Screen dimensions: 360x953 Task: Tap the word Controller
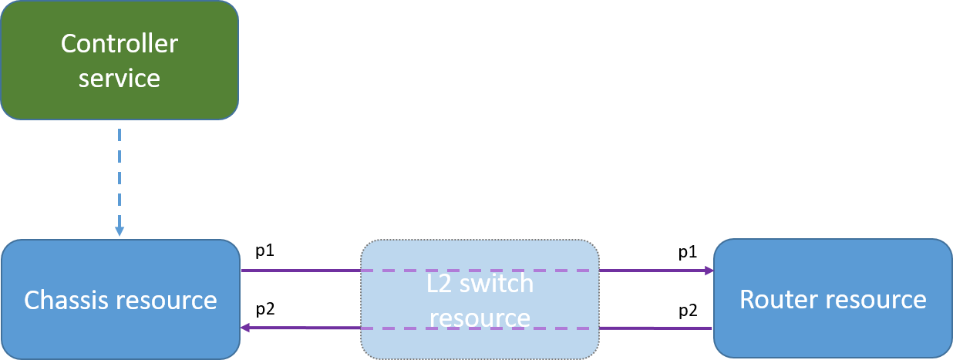coord(120,44)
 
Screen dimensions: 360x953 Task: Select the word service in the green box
coord(120,79)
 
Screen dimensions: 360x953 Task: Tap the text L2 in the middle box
coord(442,284)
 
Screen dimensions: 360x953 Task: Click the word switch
coord(499,284)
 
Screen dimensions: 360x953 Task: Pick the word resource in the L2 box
coord(480,318)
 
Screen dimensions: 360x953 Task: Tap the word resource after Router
coord(880,299)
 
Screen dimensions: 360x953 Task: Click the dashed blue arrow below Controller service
coord(120,177)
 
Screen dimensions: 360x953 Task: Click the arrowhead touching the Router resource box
coord(708,271)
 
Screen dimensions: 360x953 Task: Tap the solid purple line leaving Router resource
coord(655,328)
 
